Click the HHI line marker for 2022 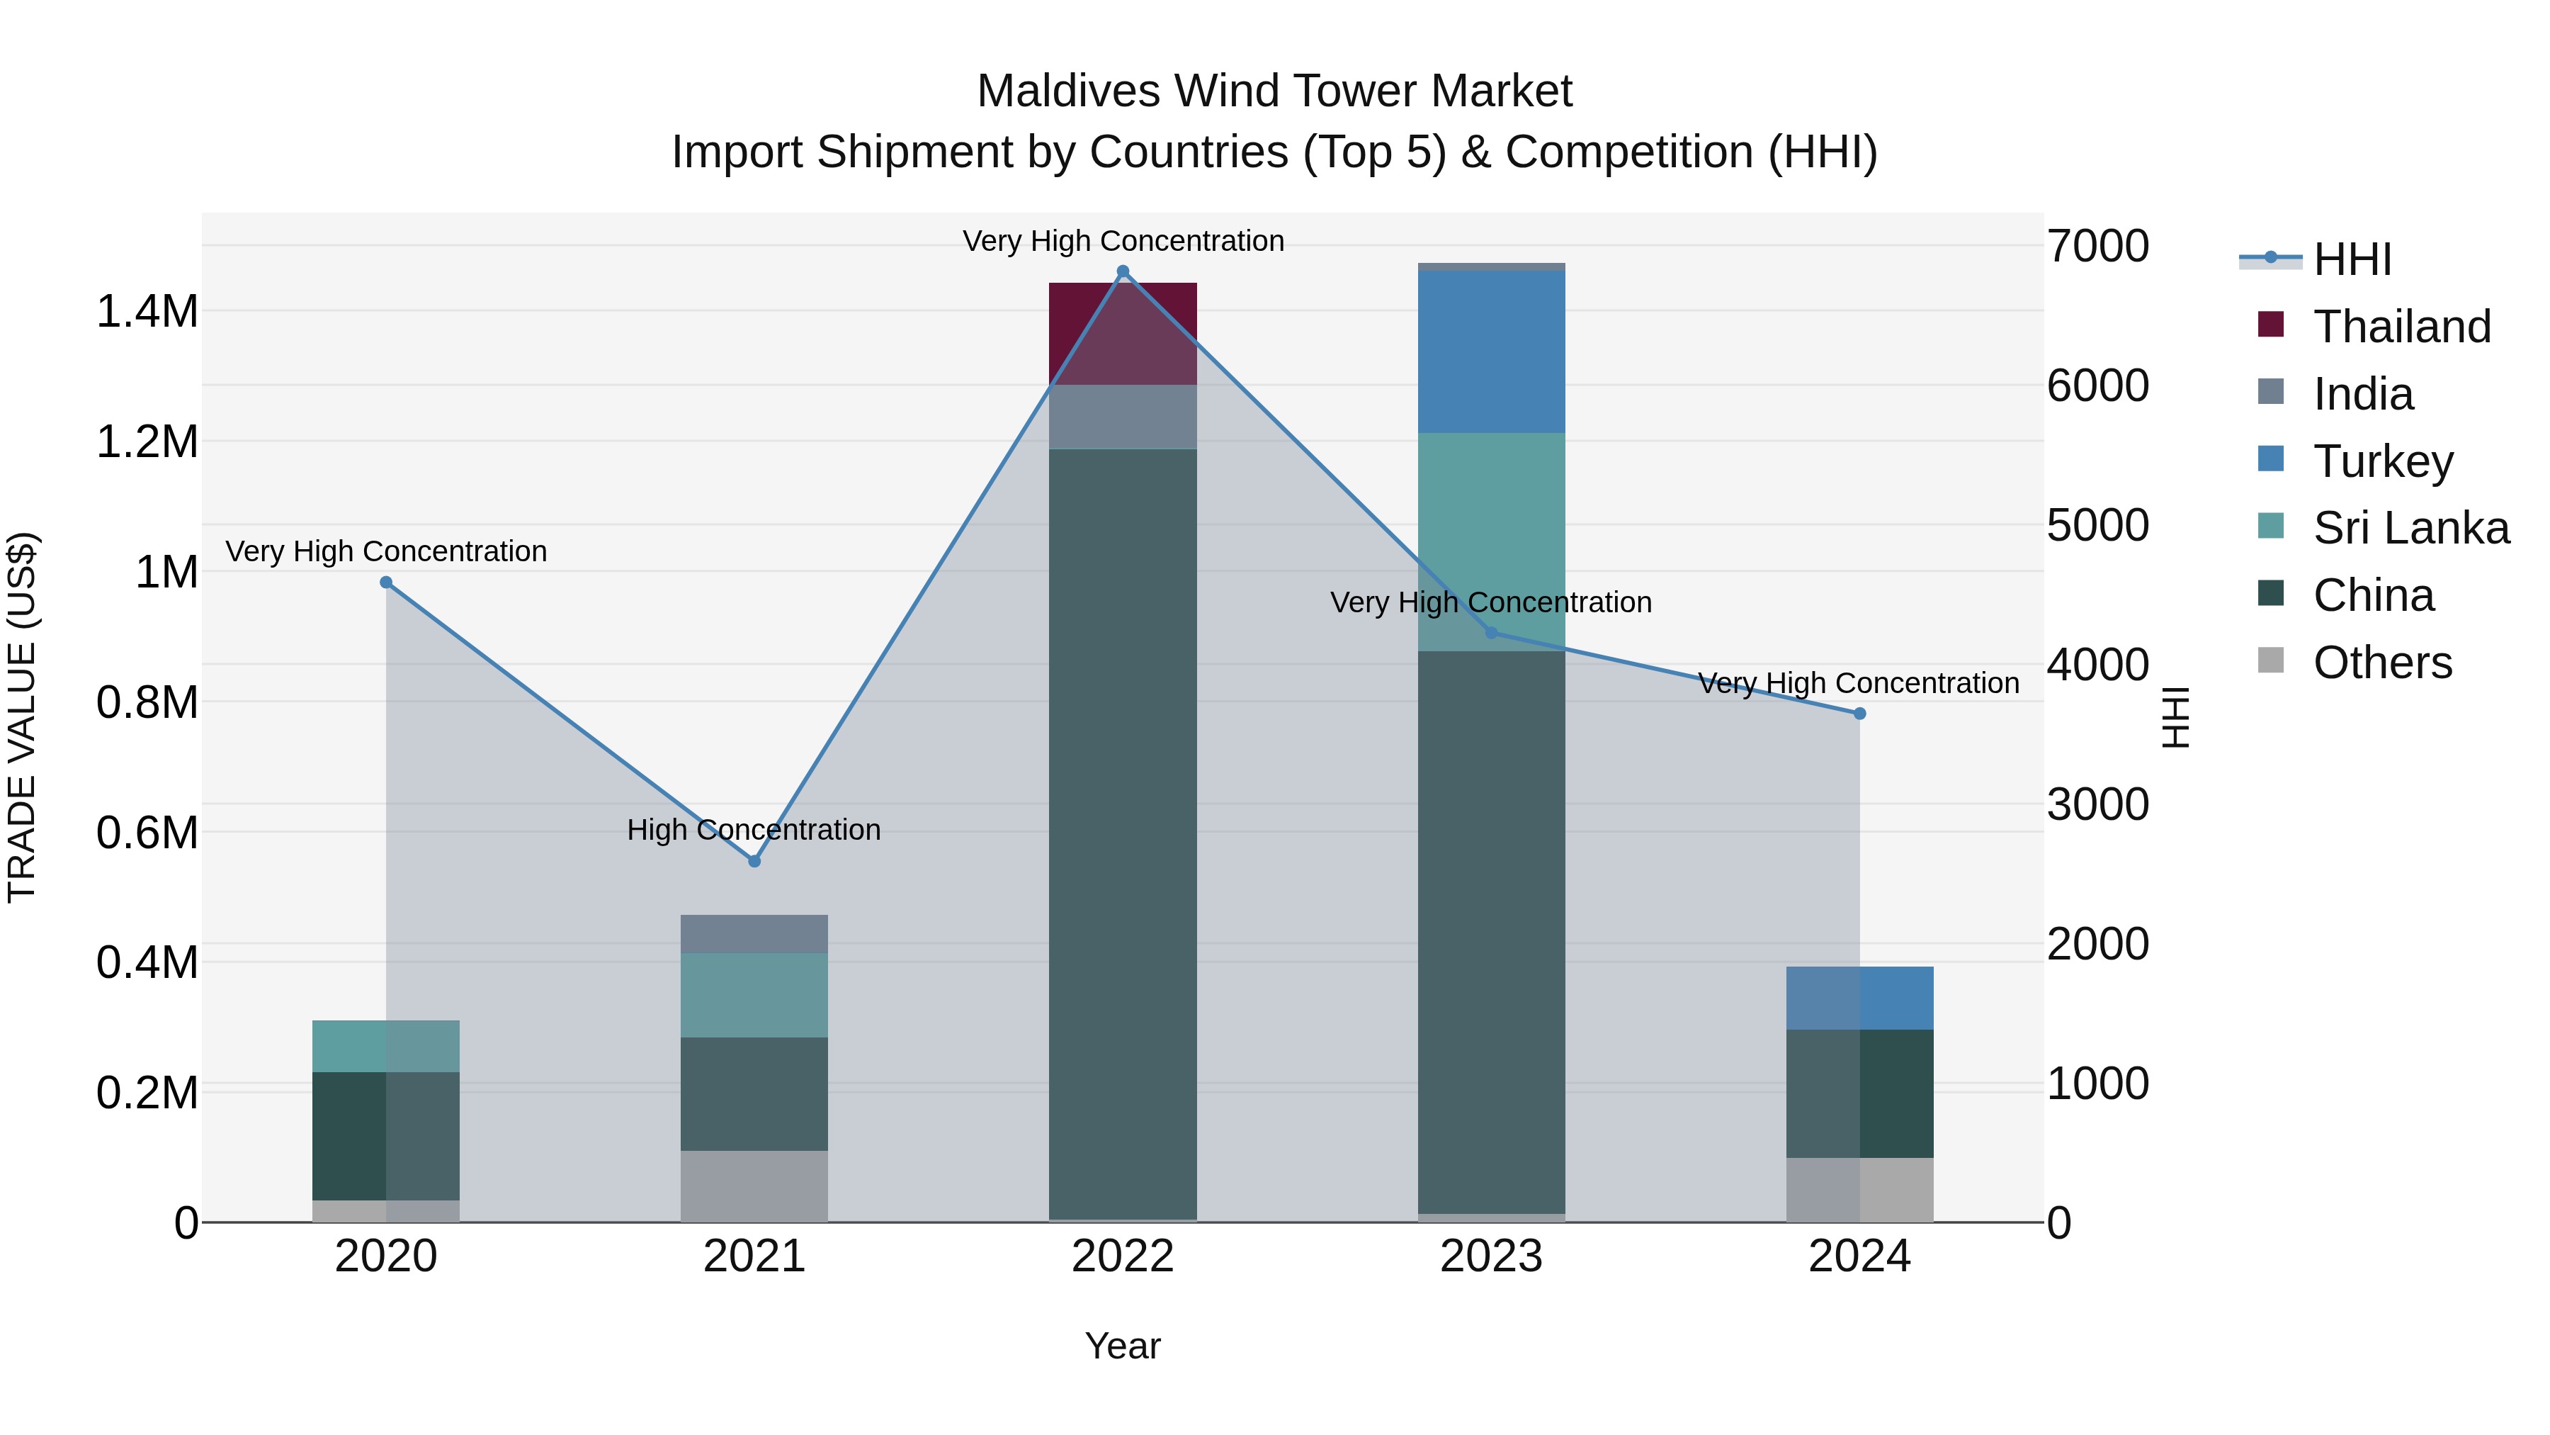[1123, 271]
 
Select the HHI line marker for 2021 [754, 862]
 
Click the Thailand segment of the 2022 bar [1123, 334]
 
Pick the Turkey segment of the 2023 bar [1491, 351]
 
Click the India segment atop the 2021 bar [754, 934]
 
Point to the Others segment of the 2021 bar [754, 1186]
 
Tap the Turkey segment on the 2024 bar [1859, 998]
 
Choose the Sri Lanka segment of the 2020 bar [386, 1046]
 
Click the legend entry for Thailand [2401, 327]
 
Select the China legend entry [2373, 595]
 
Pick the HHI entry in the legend [2351, 259]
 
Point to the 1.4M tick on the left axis [147, 312]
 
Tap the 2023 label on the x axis [1491, 1256]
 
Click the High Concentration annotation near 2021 [754, 830]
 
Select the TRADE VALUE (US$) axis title [22, 717]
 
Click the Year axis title [1123, 1346]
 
